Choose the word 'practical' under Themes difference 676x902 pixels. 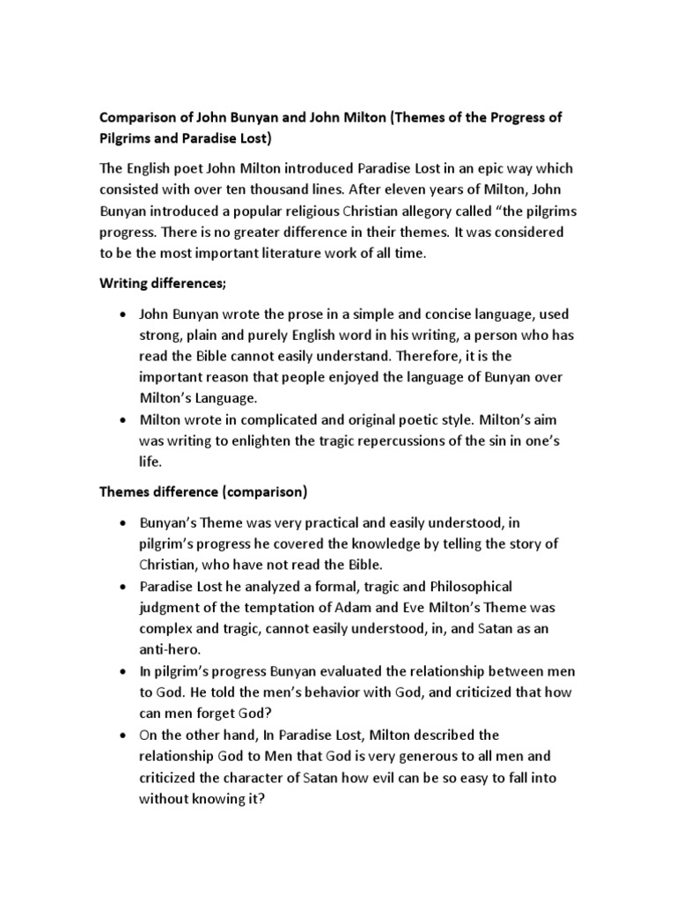pos(324,522)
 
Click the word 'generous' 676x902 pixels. pos(448,757)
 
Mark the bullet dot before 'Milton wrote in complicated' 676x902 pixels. pos(121,419)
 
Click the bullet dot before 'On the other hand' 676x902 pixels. pos(121,736)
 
